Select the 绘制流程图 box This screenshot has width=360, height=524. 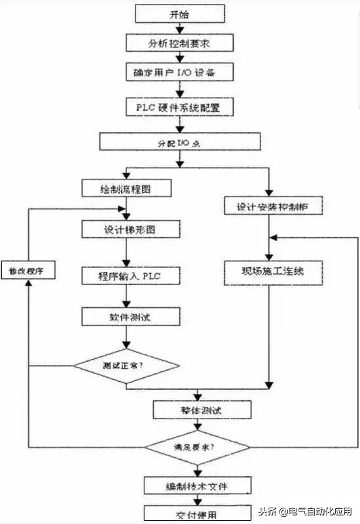(x=127, y=189)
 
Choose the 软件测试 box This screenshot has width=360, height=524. (x=127, y=316)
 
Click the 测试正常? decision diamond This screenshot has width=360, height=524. (x=127, y=364)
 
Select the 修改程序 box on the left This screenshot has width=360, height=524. (x=27, y=271)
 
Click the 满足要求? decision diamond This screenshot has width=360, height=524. (x=197, y=447)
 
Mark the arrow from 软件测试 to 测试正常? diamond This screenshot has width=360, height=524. (x=127, y=338)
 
